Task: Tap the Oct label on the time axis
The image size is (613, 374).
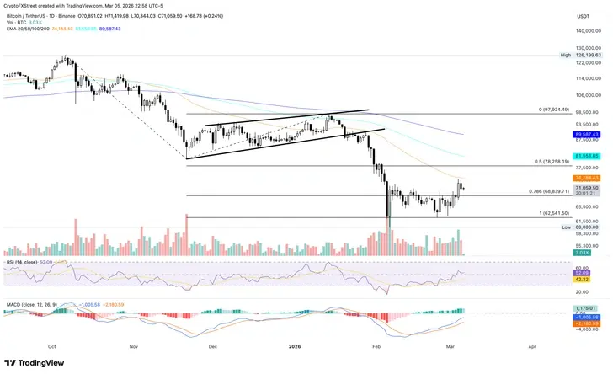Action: coord(52,345)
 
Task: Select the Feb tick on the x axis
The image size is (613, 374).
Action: coord(376,345)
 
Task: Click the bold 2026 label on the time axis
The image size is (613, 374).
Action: coord(295,345)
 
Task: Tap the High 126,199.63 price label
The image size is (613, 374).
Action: coord(584,56)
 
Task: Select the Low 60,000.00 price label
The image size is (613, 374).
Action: coord(584,227)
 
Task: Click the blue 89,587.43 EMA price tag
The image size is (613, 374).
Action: coord(586,134)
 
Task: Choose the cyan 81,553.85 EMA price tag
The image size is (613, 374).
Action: coord(586,156)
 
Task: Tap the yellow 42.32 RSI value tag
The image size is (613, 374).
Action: coord(581,279)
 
